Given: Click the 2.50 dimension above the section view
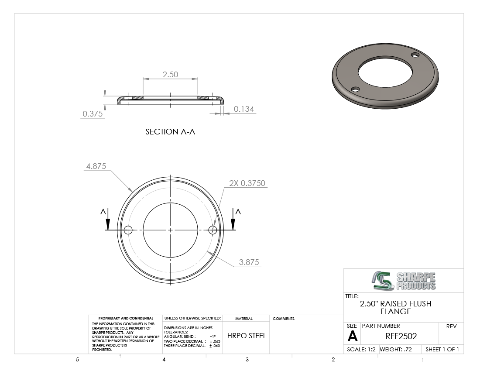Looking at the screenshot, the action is pyautogui.click(x=170, y=74).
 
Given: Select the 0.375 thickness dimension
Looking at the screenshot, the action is pyautogui.click(x=93, y=114).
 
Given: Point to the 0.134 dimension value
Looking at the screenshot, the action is pyautogui.click(x=244, y=109).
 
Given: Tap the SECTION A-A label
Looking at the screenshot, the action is pyautogui.click(x=170, y=132).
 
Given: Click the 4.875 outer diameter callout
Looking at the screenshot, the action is pyautogui.click(x=96, y=166).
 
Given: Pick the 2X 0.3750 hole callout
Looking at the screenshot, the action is pyautogui.click(x=247, y=183).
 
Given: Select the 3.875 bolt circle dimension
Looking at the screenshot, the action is pyautogui.click(x=249, y=262).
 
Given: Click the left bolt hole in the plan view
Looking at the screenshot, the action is pyautogui.click(x=128, y=230).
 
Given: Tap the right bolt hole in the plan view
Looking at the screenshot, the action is pyautogui.click(x=213, y=230).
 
